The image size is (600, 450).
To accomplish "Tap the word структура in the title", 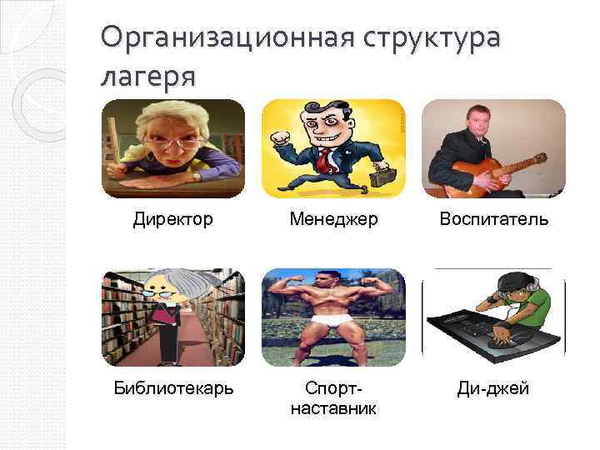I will [432, 39].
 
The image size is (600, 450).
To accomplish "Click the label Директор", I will [172, 219].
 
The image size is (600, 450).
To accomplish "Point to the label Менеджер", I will [333, 219].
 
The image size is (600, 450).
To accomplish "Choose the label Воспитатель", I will [494, 219].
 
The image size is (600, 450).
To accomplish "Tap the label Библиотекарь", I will [173, 388].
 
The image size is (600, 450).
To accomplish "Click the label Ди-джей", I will [494, 388].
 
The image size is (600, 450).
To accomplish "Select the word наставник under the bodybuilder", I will [333, 408].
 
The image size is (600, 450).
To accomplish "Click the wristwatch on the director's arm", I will [196, 176].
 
